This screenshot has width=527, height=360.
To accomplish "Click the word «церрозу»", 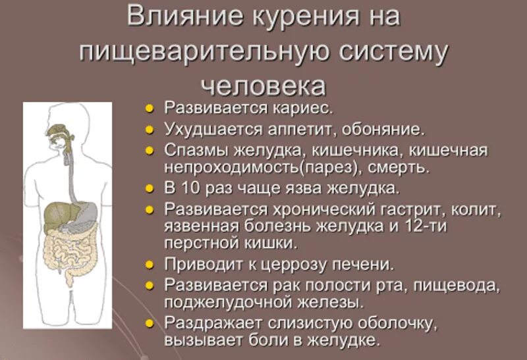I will pos(296,265).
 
